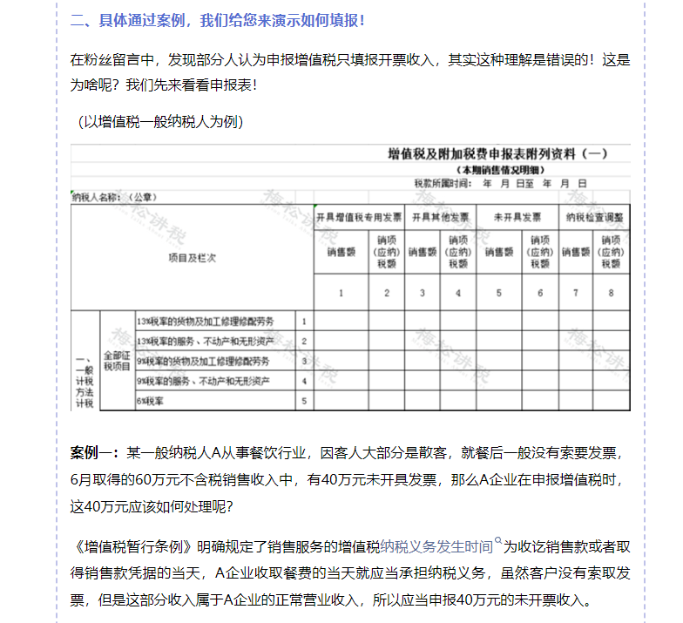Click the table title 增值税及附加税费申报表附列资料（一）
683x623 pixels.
pos(497,154)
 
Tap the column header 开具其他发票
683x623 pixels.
pos(440,217)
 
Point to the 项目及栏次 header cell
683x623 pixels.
pos(192,258)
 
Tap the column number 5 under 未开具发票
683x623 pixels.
pos(499,293)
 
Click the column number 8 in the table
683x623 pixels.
pos(612,293)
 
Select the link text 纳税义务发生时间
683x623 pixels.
pos(436,547)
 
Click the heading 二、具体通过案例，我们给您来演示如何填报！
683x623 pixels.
pos(218,19)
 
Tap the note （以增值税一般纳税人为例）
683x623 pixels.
pos(159,121)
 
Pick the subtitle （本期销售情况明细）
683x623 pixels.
pos(497,170)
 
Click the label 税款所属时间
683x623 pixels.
pos(443,184)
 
